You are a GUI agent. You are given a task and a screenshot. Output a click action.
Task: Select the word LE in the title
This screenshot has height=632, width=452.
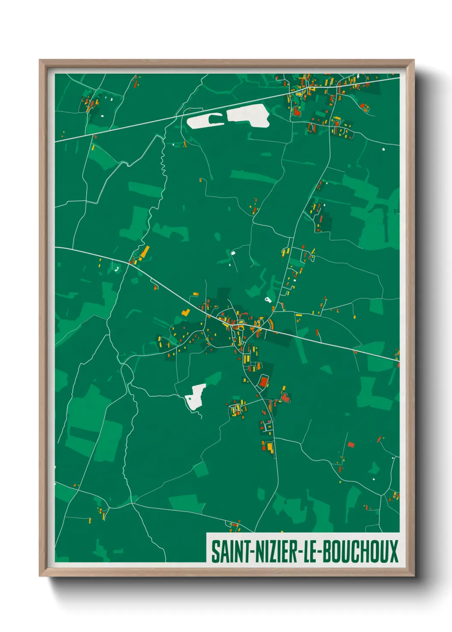tap(310, 552)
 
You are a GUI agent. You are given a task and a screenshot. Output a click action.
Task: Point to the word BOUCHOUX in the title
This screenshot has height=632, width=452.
tap(360, 552)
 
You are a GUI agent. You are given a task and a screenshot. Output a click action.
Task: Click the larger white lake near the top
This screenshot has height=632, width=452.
tap(249, 116)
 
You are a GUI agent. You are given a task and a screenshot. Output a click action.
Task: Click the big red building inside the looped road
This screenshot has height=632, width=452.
tap(264, 381)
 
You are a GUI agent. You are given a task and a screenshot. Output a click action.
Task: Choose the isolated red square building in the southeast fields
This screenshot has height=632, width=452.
tap(351, 445)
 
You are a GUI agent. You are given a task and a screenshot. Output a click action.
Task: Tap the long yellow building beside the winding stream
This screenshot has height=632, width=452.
tap(145, 252)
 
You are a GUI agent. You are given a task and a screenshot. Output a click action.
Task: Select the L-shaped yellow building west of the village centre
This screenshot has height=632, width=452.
tap(185, 313)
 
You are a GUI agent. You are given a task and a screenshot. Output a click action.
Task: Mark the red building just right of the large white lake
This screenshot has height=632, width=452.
tap(296, 112)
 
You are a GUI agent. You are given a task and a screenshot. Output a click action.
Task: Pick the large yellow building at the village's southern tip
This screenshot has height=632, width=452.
tap(269, 448)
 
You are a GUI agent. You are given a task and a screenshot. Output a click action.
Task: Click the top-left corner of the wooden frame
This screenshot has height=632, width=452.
tap(40, 60)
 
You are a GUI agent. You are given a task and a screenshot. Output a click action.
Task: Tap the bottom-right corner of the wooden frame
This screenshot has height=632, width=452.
tap(414, 576)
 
